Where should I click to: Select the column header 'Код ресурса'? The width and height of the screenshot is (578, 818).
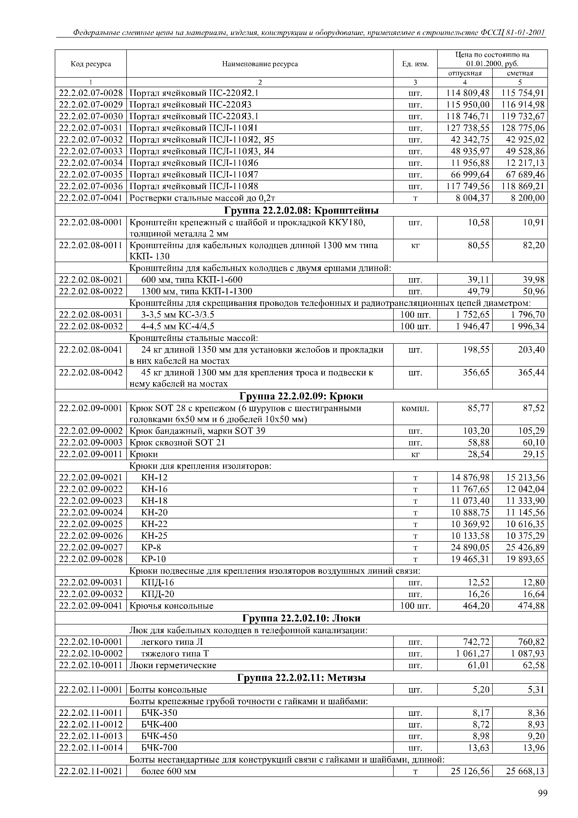click(91, 64)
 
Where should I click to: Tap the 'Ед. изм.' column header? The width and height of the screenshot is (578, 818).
click(415, 64)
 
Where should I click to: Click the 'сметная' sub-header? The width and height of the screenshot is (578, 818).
click(520, 73)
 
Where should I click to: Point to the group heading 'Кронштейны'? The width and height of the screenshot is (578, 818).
click(301, 211)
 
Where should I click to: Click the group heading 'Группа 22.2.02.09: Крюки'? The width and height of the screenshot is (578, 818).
click(301, 396)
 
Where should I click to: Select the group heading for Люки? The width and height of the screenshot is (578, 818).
click(301, 618)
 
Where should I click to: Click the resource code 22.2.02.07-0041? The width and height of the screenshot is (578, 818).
click(91, 198)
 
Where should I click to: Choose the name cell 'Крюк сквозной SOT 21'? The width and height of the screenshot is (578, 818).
click(177, 443)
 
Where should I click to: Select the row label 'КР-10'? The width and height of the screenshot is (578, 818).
click(154, 559)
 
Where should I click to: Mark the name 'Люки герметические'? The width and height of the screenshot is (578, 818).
click(173, 665)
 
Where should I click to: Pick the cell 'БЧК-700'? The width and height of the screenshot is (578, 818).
click(159, 748)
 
